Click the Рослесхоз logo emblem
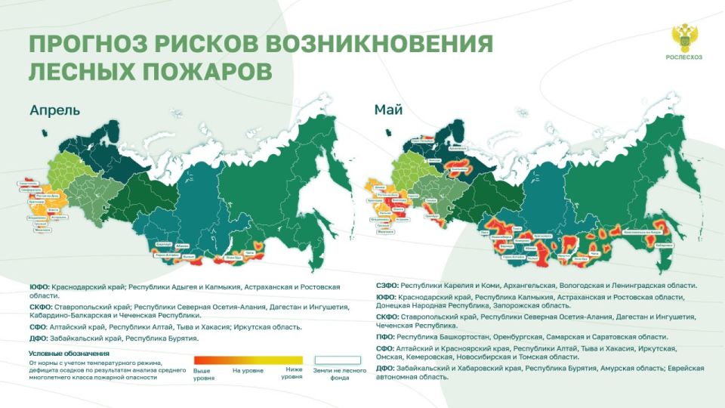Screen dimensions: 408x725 pos(685,37)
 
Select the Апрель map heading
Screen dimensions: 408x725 pos(54,110)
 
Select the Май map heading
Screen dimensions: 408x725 pos(388,110)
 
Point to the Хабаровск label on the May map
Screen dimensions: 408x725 pos(665,245)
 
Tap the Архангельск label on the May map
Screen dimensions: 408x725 pos(458,150)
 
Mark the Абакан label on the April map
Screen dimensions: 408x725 pos(183,246)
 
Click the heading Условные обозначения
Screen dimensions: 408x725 pos(69,354)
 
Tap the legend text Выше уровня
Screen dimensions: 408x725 pos(202,373)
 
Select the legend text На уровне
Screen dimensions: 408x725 pos(247,370)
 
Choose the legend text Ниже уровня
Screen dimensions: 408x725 pos(292,373)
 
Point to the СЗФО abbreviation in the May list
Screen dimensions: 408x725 pos(387,286)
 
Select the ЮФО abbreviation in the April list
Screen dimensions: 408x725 pos(39,287)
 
